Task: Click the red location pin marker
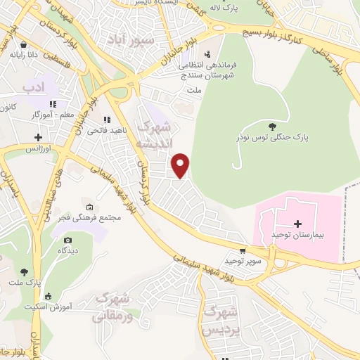point(181,165)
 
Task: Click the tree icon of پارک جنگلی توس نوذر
point(272,126)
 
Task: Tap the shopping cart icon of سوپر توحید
point(243,250)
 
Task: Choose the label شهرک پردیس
point(220,319)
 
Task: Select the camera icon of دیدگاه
point(68,239)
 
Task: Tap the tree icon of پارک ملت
point(24,271)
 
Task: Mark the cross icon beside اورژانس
point(38,136)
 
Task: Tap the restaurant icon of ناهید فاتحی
point(106,120)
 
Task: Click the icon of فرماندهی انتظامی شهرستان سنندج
point(207,53)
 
